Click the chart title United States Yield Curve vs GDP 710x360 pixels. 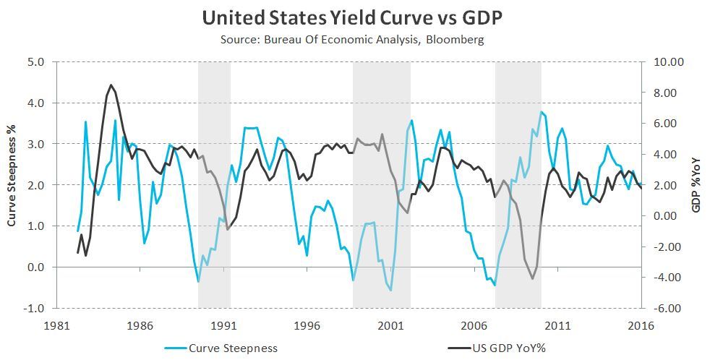tap(352, 17)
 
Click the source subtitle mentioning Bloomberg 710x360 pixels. tap(352, 39)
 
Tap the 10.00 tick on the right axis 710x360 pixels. tap(670, 62)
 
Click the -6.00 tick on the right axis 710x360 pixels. tap(670, 308)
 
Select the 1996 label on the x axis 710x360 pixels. tap(307, 325)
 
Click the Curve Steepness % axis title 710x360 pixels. tap(12, 184)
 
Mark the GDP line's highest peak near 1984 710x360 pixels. tap(111, 85)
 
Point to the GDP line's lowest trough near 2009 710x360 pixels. tap(533, 279)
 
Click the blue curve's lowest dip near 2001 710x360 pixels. tap(391, 291)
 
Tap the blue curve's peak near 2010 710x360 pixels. tap(541, 112)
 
